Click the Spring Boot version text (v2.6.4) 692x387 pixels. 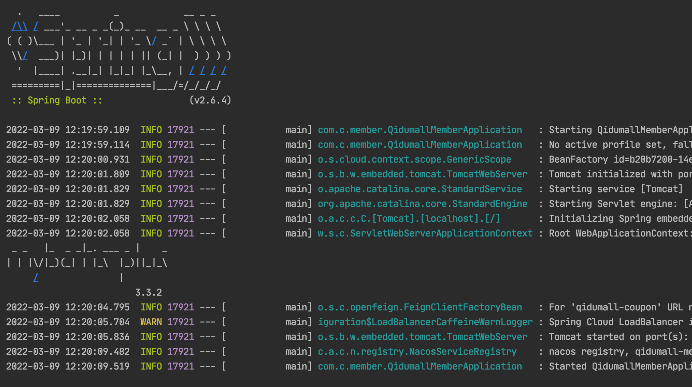click(210, 100)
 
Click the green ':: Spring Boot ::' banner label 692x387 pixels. click(57, 100)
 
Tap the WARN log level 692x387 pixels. click(151, 322)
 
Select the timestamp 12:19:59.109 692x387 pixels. click(97, 130)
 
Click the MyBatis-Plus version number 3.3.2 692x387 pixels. click(148, 293)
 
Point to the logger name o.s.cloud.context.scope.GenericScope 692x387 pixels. click(415, 160)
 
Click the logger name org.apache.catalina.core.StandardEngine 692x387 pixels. click(423, 204)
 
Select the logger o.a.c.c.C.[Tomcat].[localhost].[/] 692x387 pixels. click(409, 219)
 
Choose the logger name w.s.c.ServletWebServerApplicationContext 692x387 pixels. click(425, 233)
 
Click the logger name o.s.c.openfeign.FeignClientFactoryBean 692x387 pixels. click(420, 307)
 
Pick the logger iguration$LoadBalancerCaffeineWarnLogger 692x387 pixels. click(425, 322)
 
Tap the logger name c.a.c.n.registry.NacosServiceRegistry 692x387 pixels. click(417, 352)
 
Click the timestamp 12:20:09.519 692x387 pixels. click(97, 367)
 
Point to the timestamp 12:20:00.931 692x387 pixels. click(97, 160)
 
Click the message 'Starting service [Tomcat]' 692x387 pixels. click(616, 189)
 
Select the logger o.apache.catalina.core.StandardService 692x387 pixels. click(420, 189)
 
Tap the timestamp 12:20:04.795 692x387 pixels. click(97, 307)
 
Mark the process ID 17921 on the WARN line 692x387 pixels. click(181, 322)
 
